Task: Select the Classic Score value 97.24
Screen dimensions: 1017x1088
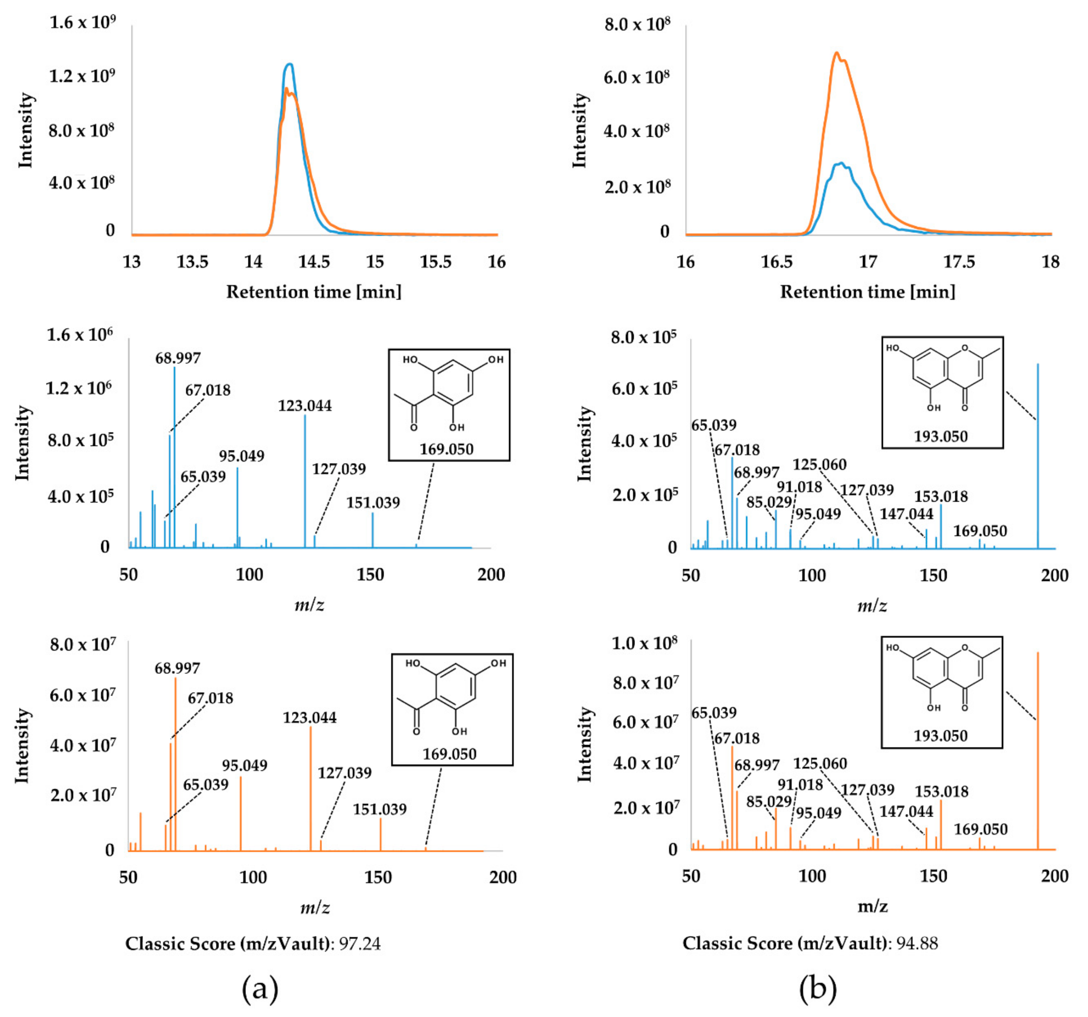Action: pyautogui.click(x=360, y=944)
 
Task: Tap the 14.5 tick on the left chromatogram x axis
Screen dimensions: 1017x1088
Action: pyautogui.click(x=314, y=262)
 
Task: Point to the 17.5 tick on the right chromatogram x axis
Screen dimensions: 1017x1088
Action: pyautogui.click(x=959, y=262)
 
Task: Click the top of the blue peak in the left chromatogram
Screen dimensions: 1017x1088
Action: pyautogui.click(x=290, y=65)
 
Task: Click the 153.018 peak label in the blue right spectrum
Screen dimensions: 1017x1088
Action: pyautogui.click(x=941, y=497)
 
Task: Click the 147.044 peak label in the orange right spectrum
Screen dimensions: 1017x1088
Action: pyautogui.click(x=906, y=811)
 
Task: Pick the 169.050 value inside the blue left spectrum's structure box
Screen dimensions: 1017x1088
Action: pyautogui.click(x=446, y=449)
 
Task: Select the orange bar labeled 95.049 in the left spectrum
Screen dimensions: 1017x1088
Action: pyautogui.click(x=241, y=815)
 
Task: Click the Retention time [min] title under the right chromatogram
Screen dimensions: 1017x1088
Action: pyautogui.click(x=868, y=292)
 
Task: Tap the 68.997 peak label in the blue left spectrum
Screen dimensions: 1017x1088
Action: pyautogui.click(x=178, y=358)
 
